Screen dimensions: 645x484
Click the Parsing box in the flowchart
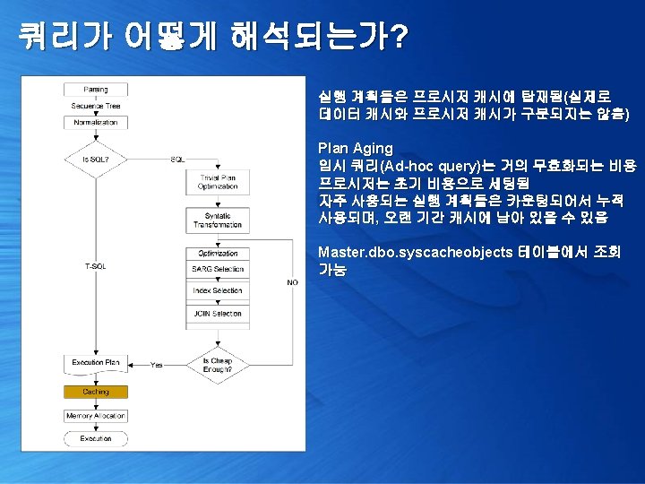tap(96, 90)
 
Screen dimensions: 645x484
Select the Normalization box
tap(96, 123)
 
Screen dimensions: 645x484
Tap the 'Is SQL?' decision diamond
tap(96, 159)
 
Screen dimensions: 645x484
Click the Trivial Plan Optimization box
tap(217, 182)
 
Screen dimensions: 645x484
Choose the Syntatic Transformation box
tap(217, 220)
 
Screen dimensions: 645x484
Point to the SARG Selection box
tap(217, 269)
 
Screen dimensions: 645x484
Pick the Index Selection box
tap(217, 291)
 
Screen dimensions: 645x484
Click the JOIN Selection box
tap(217, 315)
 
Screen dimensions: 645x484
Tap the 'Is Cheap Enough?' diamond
tap(217, 365)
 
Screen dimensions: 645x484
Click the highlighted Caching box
tap(96, 392)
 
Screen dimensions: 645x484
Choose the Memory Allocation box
tap(96, 416)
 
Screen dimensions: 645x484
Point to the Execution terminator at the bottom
tap(96, 439)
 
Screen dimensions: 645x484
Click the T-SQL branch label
tap(95, 266)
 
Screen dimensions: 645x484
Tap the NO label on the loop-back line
tap(292, 282)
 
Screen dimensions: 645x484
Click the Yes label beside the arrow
tap(157, 365)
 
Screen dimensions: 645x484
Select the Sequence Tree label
tap(96, 106)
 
